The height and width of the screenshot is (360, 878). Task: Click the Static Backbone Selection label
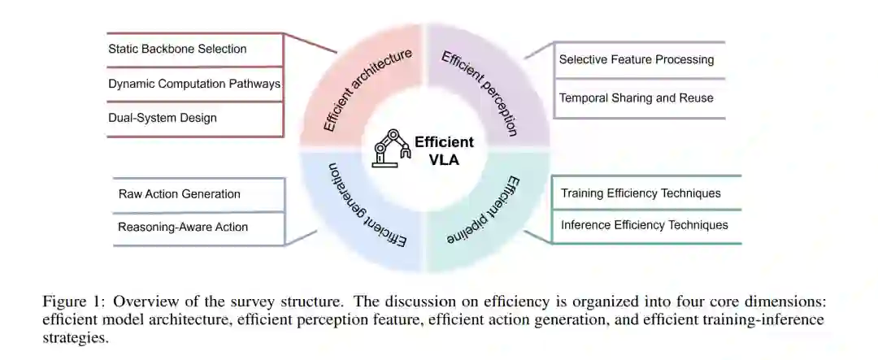coord(177,49)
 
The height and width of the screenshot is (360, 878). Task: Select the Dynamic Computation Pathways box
coord(194,84)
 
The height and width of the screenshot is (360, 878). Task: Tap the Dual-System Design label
coord(163,118)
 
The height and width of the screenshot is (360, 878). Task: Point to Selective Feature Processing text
coord(637,59)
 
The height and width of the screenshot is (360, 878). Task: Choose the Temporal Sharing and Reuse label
coord(637,98)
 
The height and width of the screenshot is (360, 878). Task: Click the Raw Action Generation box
coord(180,194)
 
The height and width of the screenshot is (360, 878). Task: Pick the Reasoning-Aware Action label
coord(183,227)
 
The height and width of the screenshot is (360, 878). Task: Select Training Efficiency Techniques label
coord(641,193)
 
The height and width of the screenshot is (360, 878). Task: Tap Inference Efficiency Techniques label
coord(645,225)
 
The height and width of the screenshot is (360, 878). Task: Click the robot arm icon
coord(391,149)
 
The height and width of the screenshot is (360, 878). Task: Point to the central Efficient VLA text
coord(444,150)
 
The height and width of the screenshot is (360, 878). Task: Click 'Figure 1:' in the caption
coord(69,301)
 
